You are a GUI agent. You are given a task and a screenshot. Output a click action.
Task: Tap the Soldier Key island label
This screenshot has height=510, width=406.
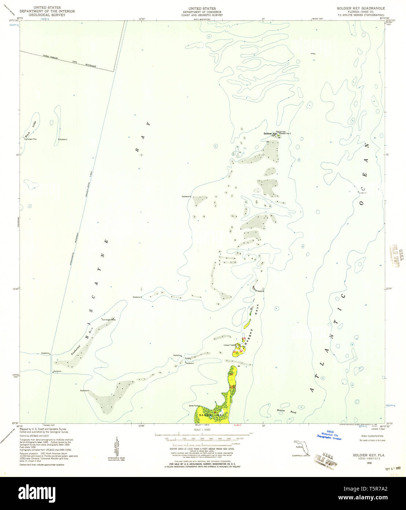270,134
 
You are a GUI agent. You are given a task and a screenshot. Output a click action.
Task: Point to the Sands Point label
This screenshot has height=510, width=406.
193,405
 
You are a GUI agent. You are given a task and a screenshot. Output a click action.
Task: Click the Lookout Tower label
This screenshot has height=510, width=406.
229,345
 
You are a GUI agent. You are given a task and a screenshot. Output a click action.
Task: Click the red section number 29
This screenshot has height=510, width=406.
244,339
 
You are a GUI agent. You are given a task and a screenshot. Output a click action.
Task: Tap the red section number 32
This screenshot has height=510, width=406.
241,351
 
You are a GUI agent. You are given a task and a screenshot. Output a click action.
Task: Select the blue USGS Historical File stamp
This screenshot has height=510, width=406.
329,436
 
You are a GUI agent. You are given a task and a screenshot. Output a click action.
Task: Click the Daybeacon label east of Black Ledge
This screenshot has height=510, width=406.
62,140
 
